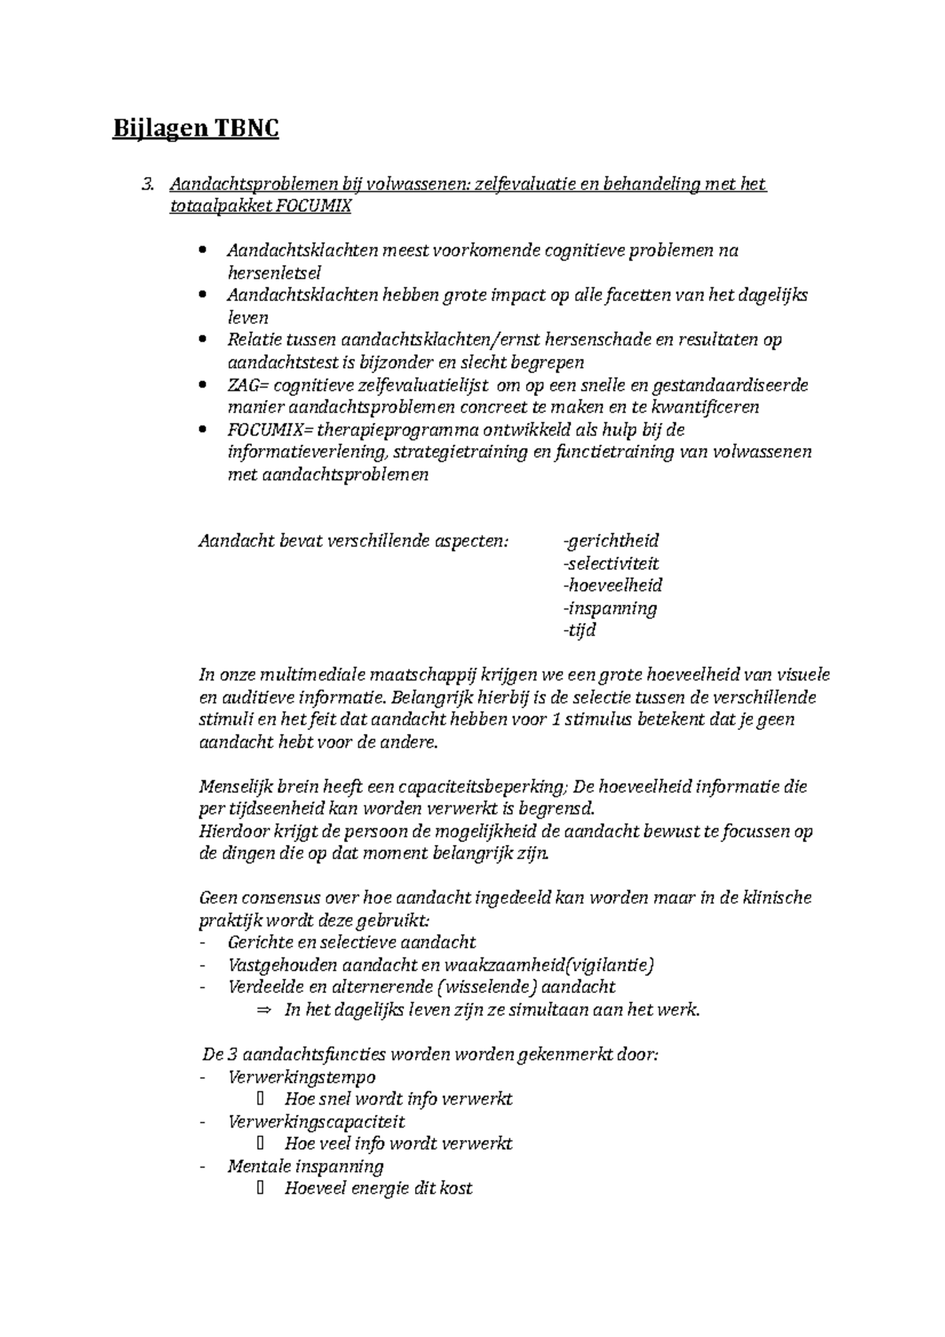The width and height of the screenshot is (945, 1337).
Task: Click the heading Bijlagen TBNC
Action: click(x=195, y=128)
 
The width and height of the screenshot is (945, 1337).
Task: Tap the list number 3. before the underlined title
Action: click(x=147, y=184)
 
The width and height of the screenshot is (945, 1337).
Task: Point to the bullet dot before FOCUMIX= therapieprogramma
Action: click(x=203, y=430)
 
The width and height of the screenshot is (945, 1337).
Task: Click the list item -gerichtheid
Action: click(x=611, y=541)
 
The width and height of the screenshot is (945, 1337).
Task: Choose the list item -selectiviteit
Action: click(x=611, y=563)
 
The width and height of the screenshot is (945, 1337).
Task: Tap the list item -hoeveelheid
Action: click(x=613, y=585)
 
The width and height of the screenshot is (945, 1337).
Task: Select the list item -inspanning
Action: click(x=610, y=608)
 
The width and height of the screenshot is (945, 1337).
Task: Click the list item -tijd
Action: click(x=580, y=630)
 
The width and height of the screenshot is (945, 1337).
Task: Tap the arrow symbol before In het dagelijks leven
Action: click(x=263, y=1009)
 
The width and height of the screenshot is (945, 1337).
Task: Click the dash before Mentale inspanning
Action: click(x=205, y=1167)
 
